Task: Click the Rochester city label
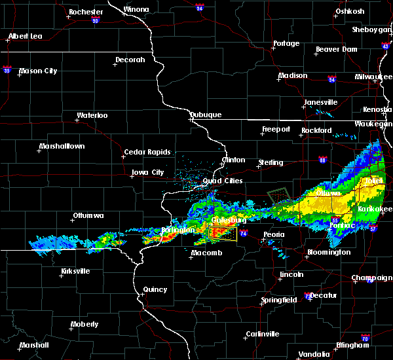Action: tap(86, 12)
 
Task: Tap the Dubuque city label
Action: tap(206, 115)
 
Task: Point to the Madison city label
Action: tap(292, 76)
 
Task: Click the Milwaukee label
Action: tap(374, 76)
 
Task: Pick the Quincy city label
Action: tap(155, 289)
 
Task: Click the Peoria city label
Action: tap(274, 234)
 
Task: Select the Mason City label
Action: tap(37, 71)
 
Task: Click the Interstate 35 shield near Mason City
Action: tap(8, 67)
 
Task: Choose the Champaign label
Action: tap(372, 278)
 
